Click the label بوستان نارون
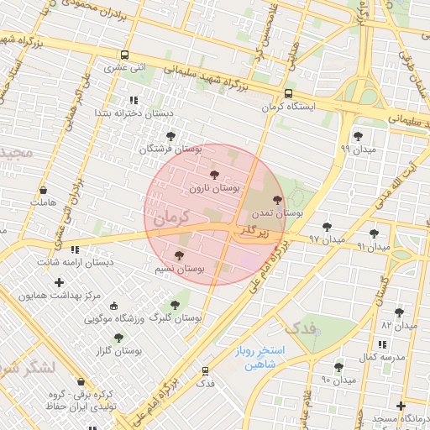coord(213,189)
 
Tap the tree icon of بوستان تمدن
coord(278,201)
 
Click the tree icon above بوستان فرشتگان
coord(171,135)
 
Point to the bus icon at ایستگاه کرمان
coord(288,94)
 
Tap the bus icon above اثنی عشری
coord(125,55)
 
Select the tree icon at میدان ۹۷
coord(327,227)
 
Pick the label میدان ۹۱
coord(374,247)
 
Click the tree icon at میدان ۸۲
coord(399,312)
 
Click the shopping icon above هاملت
coord(42,190)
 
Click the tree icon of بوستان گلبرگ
coord(175,305)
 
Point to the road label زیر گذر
coord(254,229)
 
